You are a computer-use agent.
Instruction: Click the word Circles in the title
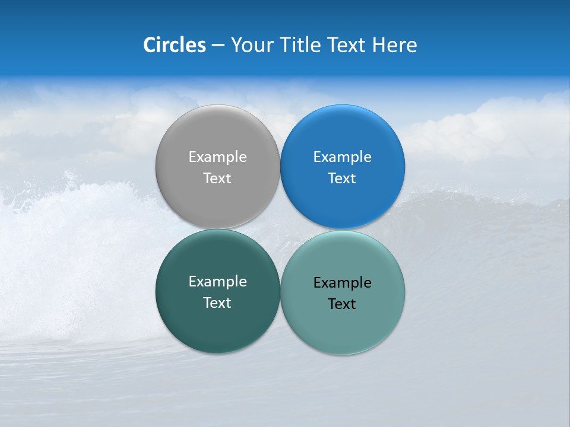[x=174, y=45]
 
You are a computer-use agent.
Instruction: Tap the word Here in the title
[x=394, y=45]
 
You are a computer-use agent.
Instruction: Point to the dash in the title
[x=218, y=46]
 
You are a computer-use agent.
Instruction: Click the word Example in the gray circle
[x=217, y=157]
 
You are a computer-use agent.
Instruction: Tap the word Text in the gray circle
[x=217, y=179]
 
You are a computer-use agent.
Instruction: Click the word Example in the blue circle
[x=342, y=157]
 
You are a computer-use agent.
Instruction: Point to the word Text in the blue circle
[x=342, y=179]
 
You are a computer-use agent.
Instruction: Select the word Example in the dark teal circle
[x=217, y=282]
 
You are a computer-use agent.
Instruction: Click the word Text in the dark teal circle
[x=217, y=303]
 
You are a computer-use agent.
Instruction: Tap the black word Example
[x=342, y=283]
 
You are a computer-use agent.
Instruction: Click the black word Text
[x=342, y=304]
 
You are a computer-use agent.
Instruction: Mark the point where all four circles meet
[x=280, y=230]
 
